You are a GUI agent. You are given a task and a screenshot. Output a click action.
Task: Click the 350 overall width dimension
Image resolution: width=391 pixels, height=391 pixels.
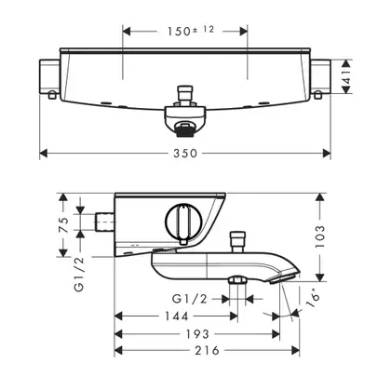[x=185, y=154]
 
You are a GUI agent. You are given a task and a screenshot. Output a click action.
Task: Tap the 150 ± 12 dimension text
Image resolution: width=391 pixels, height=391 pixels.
[x=191, y=31]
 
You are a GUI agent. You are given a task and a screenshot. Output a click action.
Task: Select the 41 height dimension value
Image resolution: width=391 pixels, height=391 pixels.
[x=346, y=76]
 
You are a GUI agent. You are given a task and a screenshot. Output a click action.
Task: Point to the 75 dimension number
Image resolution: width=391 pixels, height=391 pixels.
[x=63, y=225]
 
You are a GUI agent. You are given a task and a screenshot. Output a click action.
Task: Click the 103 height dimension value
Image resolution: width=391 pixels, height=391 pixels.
[x=320, y=236]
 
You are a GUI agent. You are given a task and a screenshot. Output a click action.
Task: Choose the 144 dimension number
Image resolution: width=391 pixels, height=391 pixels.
[x=176, y=317]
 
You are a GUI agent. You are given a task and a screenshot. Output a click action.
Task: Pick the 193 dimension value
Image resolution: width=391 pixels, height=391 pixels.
[x=197, y=334]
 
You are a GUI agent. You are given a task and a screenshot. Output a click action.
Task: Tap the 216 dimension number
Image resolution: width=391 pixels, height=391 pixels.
[x=207, y=351]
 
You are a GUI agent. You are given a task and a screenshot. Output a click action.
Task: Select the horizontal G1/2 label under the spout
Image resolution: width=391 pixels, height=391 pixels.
[x=190, y=299]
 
